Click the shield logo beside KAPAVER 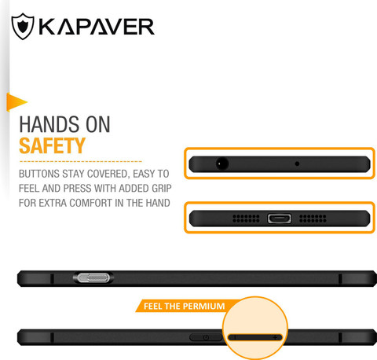[23, 26]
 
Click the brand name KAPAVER [97, 27]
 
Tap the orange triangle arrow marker [16, 102]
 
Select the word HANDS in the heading [49, 124]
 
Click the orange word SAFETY [53, 145]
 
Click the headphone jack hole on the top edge [222, 164]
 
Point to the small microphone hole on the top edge [297, 163]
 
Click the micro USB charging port [280, 219]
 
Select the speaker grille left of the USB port [246, 219]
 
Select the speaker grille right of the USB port [313, 219]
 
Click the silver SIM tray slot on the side [93, 277]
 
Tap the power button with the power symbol [206, 337]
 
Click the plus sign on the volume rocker [275, 337]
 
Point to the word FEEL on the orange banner [152, 306]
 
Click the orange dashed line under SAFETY [81, 161]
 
